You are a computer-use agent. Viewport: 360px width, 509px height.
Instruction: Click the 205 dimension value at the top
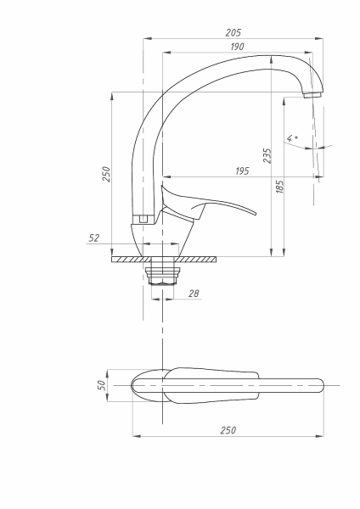pos(233,31)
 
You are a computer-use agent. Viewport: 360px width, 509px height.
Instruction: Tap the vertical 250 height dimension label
pos(106,173)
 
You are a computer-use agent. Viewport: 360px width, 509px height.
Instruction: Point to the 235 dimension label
pos(267,156)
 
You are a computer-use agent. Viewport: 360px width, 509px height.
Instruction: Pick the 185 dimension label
pos(280,186)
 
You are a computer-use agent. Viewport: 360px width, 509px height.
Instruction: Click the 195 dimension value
pos(241,171)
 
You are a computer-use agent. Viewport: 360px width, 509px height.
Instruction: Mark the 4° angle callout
pos(292,137)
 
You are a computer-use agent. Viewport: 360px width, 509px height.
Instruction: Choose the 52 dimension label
pos(94,238)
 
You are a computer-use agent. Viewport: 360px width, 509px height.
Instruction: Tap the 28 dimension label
pos(193,293)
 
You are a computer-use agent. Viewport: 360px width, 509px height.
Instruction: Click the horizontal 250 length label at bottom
pos(228,431)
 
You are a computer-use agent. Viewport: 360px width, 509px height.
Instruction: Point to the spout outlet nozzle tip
pos(314,94)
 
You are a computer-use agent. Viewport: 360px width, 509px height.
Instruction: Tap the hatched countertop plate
pos(163,259)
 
